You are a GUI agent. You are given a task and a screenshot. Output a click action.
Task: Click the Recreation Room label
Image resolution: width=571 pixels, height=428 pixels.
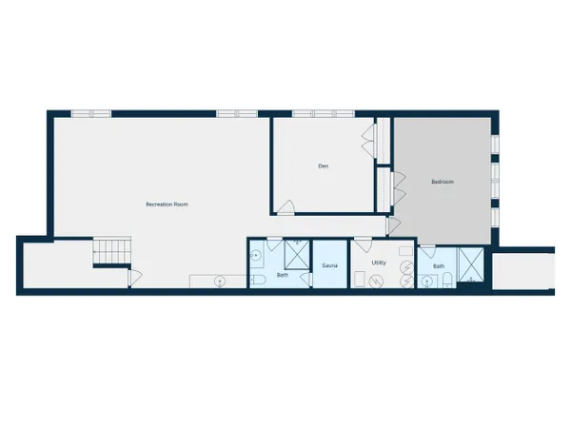(x=167, y=204)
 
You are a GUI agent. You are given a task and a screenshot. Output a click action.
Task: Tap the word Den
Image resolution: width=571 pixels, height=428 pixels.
(x=324, y=165)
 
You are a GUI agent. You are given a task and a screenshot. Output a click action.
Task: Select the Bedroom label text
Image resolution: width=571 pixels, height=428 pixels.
(x=443, y=182)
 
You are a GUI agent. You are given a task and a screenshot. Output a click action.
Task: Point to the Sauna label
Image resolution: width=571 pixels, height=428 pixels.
(x=329, y=265)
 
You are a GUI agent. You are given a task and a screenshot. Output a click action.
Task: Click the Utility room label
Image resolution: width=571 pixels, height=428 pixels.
(x=379, y=263)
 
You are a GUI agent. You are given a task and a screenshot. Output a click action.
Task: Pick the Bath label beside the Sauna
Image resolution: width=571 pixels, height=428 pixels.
(x=283, y=275)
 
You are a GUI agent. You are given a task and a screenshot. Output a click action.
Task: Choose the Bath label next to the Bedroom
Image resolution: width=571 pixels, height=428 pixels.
(x=439, y=266)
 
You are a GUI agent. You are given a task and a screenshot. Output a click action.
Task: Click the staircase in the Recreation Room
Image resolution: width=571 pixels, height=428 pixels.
(x=111, y=250)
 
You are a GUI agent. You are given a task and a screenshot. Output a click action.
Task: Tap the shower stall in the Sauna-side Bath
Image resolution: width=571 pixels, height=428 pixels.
(x=297, y=254)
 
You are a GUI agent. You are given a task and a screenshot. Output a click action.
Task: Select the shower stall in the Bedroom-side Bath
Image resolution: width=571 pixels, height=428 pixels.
(x=471, y=264)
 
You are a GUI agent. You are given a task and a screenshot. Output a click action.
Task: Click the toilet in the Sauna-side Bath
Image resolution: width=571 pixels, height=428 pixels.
(x=258, y=280)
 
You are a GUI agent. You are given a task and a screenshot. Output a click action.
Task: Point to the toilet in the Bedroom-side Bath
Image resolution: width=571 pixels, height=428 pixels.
(x=447, y=281)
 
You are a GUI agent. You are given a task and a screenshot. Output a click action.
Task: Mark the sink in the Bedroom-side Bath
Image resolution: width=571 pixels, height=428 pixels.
(x=427, y=282)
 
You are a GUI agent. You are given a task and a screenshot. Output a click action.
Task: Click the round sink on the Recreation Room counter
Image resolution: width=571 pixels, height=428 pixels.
(x=220, y=281)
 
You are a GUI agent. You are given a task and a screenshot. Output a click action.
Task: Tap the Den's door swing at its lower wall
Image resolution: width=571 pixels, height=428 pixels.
(x=285, y=206)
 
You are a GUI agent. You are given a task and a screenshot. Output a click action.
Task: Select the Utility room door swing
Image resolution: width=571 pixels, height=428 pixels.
(x=364, y=245)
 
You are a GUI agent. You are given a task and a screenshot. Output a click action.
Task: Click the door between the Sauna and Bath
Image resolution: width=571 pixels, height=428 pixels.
(x=306, y=279)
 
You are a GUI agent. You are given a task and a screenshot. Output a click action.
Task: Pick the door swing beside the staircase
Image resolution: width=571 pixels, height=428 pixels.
(x=135, y=278)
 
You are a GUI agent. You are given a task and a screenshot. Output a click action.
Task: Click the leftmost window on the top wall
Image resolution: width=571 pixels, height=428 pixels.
(x=91, y=114)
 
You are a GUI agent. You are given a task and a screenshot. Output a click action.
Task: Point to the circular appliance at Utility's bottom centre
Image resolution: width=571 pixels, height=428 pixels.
(x=376, y=282)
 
